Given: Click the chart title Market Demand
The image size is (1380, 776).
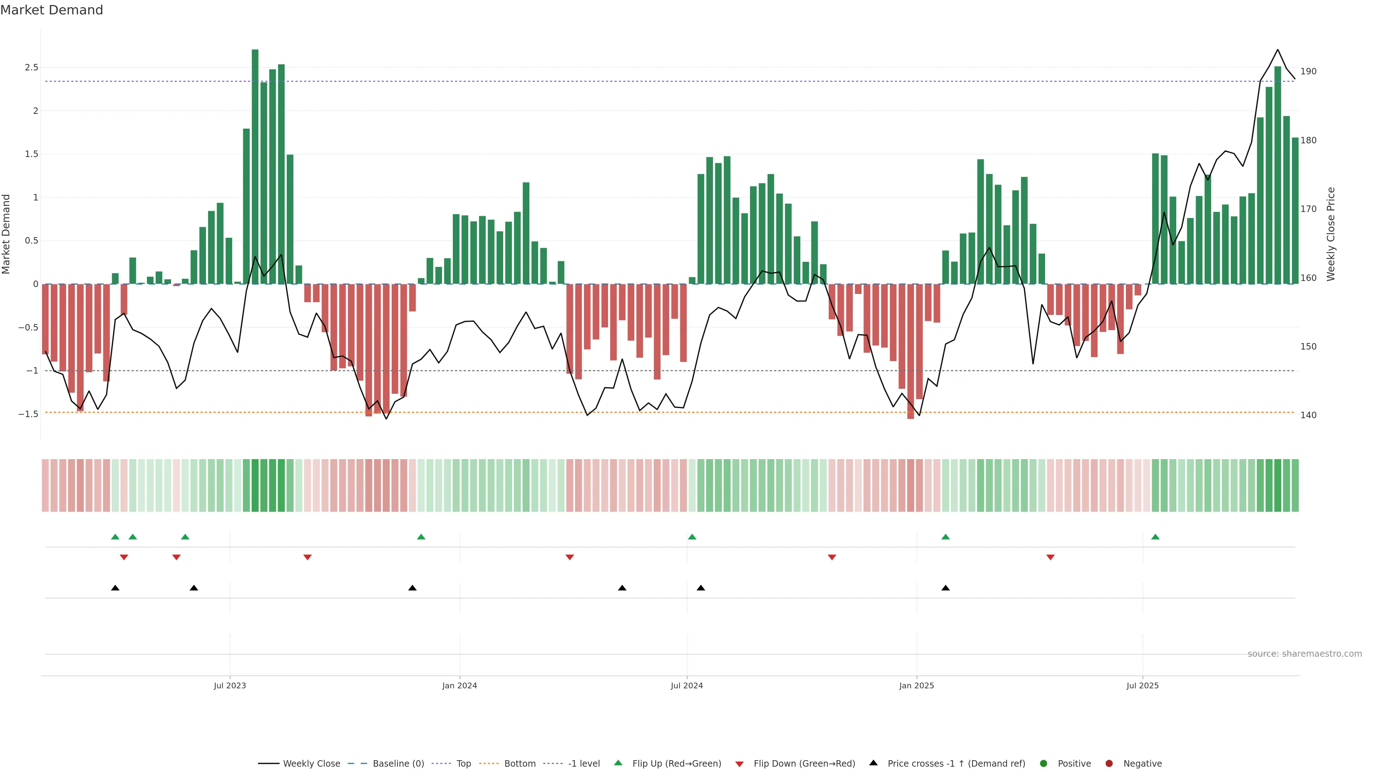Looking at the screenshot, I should click(x=51, y=10).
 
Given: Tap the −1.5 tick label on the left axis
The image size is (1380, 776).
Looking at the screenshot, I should click(x=28, y=414).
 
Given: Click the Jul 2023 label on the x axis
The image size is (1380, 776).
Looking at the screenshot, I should click(x=230, y=685).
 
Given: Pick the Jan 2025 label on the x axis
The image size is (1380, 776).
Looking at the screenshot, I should click(x=917, y=685).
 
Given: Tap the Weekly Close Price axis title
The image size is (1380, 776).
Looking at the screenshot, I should click(x=1331, y=234).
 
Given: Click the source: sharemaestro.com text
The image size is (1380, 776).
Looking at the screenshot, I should click(x=1305, y=654).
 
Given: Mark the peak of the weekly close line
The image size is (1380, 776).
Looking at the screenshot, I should click(x=1278, y=50).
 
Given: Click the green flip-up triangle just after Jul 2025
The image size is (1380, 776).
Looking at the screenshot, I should click(x=1155, y=537).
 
